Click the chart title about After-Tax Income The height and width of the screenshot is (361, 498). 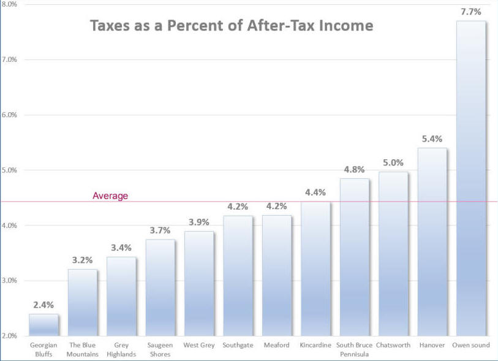[232, 26]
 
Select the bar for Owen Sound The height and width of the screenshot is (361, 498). [471, 178]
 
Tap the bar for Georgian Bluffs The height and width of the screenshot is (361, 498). [43, 325]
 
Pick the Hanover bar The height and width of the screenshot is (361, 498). [432, 241]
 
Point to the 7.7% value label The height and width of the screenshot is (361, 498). [471, 12]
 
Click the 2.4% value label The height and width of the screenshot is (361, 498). [43, 304]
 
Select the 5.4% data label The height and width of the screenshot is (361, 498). [432, 138]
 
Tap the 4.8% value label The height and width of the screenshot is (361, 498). [355, 169]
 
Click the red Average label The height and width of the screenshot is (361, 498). [110, 196]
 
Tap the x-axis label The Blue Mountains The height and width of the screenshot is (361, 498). [82, 349]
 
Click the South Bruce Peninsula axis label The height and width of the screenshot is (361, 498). [354, 349]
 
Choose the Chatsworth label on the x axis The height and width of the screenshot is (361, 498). [393, 345]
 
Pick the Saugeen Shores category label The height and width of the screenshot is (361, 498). [160, 349]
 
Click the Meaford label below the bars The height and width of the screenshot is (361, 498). [276, 345]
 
